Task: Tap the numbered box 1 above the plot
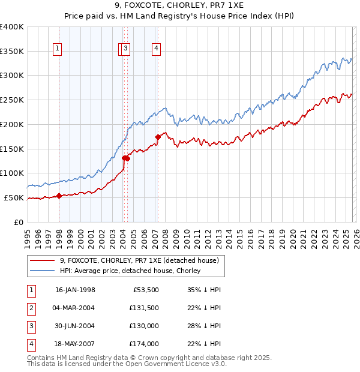point(57,49)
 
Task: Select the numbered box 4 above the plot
point(156,49)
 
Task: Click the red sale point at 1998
point(59,196)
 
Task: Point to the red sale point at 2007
point(158,137)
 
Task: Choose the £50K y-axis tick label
point(14,197)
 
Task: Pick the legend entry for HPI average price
point(130,271)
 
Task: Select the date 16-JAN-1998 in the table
point(75,290)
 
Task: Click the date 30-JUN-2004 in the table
point(75,326)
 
